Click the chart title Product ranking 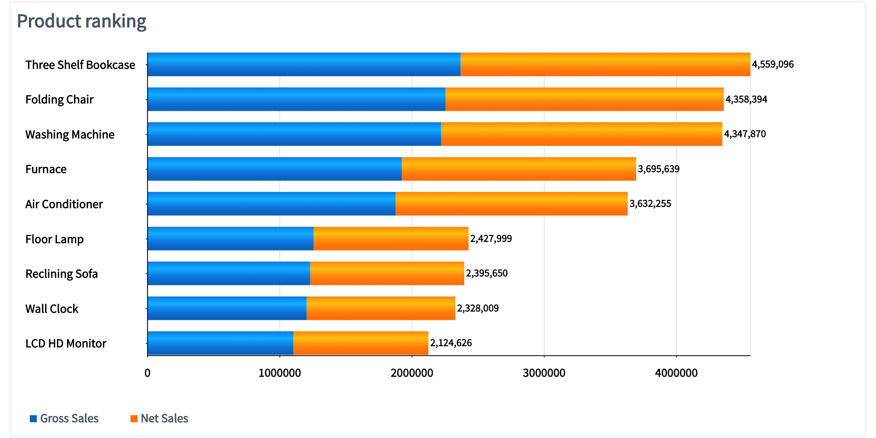(x=81, y=21)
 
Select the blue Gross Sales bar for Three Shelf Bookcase (x=304, y=64)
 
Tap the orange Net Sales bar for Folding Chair (x=584, y=99)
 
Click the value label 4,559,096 (x=773, y=64)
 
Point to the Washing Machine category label (x=70, y=134)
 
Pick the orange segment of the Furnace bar (x=519, y=169)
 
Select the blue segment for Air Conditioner (x=271, y=204)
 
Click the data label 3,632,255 (x=650, y=204)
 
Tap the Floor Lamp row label (x=54, y=239)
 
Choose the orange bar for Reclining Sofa (x=387, y=273)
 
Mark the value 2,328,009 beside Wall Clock (x=477, y=308)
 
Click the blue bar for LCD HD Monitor (x=220, y=343)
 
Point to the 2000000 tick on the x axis (x=412, y=373)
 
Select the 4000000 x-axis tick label (x=676, y=373)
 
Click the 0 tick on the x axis (x=148, y=373)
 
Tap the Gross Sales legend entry (x=69, y=418)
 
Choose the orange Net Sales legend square (x=134, y=419)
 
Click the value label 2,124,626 (x=451, y=343)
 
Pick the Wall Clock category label (x=52, y=309)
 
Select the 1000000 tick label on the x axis (x=279, y=373)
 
